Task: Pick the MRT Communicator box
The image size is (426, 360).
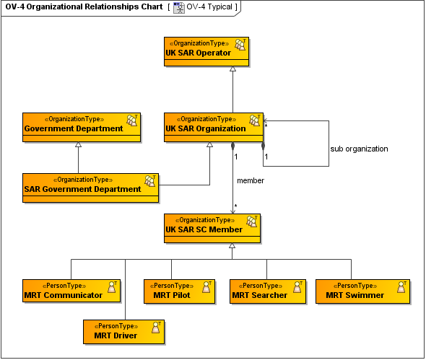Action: pyautogui.click(x=71, y=291)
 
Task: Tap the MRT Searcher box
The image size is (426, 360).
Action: pyautogui.click(x=266, y=291)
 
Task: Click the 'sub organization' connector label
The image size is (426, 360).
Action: pyautogui.click(x=359, y=149)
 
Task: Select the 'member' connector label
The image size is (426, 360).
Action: pyautogui.click(x=251, y=180)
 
